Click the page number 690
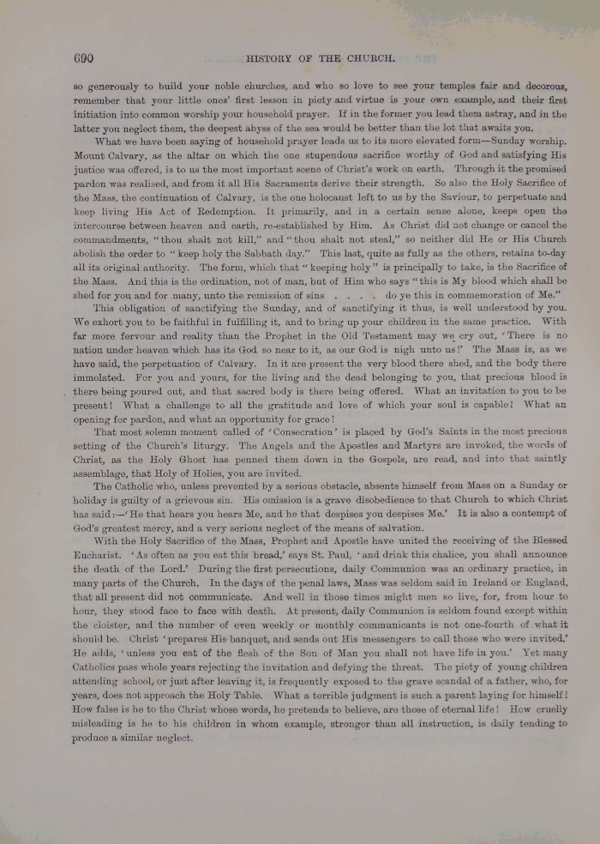pos(83,59)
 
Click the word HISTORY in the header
pos(270,60)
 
